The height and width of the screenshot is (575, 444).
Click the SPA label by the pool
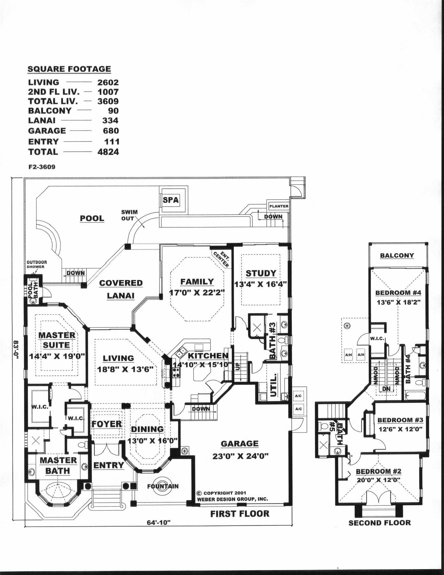click(x=171, y=200)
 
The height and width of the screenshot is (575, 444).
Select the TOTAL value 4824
click(x=108, y=152)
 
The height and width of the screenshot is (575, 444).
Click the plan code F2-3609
click(x=41, y=167)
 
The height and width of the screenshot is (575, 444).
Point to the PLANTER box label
click(x=279, y=206)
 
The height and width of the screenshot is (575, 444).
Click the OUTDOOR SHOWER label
click(x=37, y=264)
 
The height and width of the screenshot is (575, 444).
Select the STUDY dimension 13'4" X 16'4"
click(x=261, y=284)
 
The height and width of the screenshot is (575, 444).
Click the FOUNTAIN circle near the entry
click(x=163, y=486)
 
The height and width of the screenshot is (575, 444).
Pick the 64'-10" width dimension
click(x=159, y=523)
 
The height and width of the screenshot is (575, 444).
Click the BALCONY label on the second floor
click(x=397, y=255)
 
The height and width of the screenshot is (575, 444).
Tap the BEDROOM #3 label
click(x=400, y=420)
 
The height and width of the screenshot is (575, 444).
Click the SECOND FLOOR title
click(x=379, y=523)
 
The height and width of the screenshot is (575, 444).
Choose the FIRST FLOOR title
click(x=240, y=514)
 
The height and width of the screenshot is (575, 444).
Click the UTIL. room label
click(x=274, y=385)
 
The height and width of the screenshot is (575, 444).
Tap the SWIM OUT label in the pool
click(x=129, y=215)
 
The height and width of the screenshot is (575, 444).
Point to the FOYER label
click(x=107, y=424)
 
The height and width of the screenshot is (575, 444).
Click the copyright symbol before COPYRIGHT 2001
click(x=199, y=493)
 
